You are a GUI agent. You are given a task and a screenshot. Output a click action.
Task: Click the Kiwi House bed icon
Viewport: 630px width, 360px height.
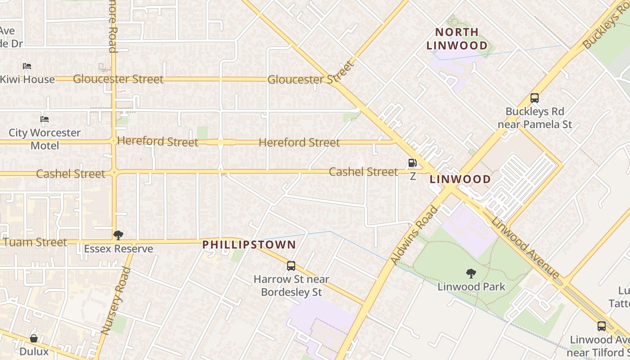point(27,66)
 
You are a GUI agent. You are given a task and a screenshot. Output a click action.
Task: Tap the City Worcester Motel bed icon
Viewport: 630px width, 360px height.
point(45,119)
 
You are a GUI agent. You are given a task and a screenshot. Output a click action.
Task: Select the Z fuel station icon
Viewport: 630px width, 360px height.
point(412,163)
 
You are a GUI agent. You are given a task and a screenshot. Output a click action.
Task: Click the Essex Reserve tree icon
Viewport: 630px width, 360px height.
point(118,235)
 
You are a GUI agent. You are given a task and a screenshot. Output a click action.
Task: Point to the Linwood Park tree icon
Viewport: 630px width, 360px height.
point(471,273)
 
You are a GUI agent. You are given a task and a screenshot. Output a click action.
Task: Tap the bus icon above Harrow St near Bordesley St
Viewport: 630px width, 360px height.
point(291,265)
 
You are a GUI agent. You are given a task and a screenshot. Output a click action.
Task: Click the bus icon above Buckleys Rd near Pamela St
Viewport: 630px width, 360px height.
point(534,98)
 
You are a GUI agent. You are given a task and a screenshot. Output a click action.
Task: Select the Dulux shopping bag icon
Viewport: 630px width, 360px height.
point(34,338)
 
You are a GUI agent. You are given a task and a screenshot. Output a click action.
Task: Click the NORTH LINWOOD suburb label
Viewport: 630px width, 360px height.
point(457,39)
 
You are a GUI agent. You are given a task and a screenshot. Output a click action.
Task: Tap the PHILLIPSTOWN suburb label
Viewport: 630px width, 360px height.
point(249,245)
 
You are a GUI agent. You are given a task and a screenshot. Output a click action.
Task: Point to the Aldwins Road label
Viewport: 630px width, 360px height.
point(414,235)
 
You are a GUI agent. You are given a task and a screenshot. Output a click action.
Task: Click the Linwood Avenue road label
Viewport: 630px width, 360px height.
point(525,248)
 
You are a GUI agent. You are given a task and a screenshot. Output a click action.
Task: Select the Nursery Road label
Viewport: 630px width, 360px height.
point(116,301)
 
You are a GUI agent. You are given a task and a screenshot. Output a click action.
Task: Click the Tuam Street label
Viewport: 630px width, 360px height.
point(35,242)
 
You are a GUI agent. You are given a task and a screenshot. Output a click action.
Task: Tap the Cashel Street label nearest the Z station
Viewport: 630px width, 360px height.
point(363,172)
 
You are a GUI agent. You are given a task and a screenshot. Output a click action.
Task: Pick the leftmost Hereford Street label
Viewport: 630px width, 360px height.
point(157,142)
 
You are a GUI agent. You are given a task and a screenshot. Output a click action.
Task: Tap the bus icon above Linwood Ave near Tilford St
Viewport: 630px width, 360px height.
point(601,326)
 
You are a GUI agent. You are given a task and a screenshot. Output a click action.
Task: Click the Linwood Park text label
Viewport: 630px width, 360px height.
point(471,287)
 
